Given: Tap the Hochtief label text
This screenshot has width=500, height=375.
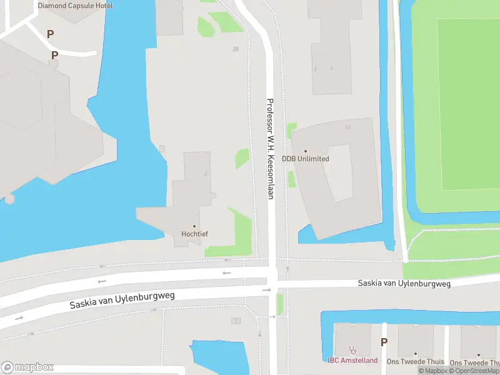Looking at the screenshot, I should (194, 234).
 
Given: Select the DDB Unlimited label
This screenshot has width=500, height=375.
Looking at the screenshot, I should (306, 159).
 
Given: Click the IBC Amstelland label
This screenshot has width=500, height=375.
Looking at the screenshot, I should (352, 361).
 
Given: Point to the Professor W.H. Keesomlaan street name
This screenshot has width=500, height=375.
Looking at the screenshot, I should (271, 149).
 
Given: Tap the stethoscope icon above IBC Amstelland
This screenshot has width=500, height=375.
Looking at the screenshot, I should (352, 351).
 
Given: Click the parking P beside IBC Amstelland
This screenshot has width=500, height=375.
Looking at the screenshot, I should (384, 342).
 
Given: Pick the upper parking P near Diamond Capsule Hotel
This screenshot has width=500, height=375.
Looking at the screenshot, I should (50, 34).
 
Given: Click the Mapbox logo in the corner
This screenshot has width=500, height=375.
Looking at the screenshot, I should (27, 367).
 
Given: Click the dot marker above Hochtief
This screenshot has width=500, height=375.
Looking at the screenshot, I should (194, 226).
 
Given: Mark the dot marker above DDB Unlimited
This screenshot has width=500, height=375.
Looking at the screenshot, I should (306, 151).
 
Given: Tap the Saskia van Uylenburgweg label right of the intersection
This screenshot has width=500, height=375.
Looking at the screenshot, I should (404, 283).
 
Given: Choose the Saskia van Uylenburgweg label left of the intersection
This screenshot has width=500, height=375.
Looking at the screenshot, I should (122, 299).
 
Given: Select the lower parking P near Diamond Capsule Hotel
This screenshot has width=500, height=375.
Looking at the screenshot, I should (54, 55).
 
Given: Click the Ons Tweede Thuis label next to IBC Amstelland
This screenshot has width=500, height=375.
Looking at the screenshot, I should (415, 362).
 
